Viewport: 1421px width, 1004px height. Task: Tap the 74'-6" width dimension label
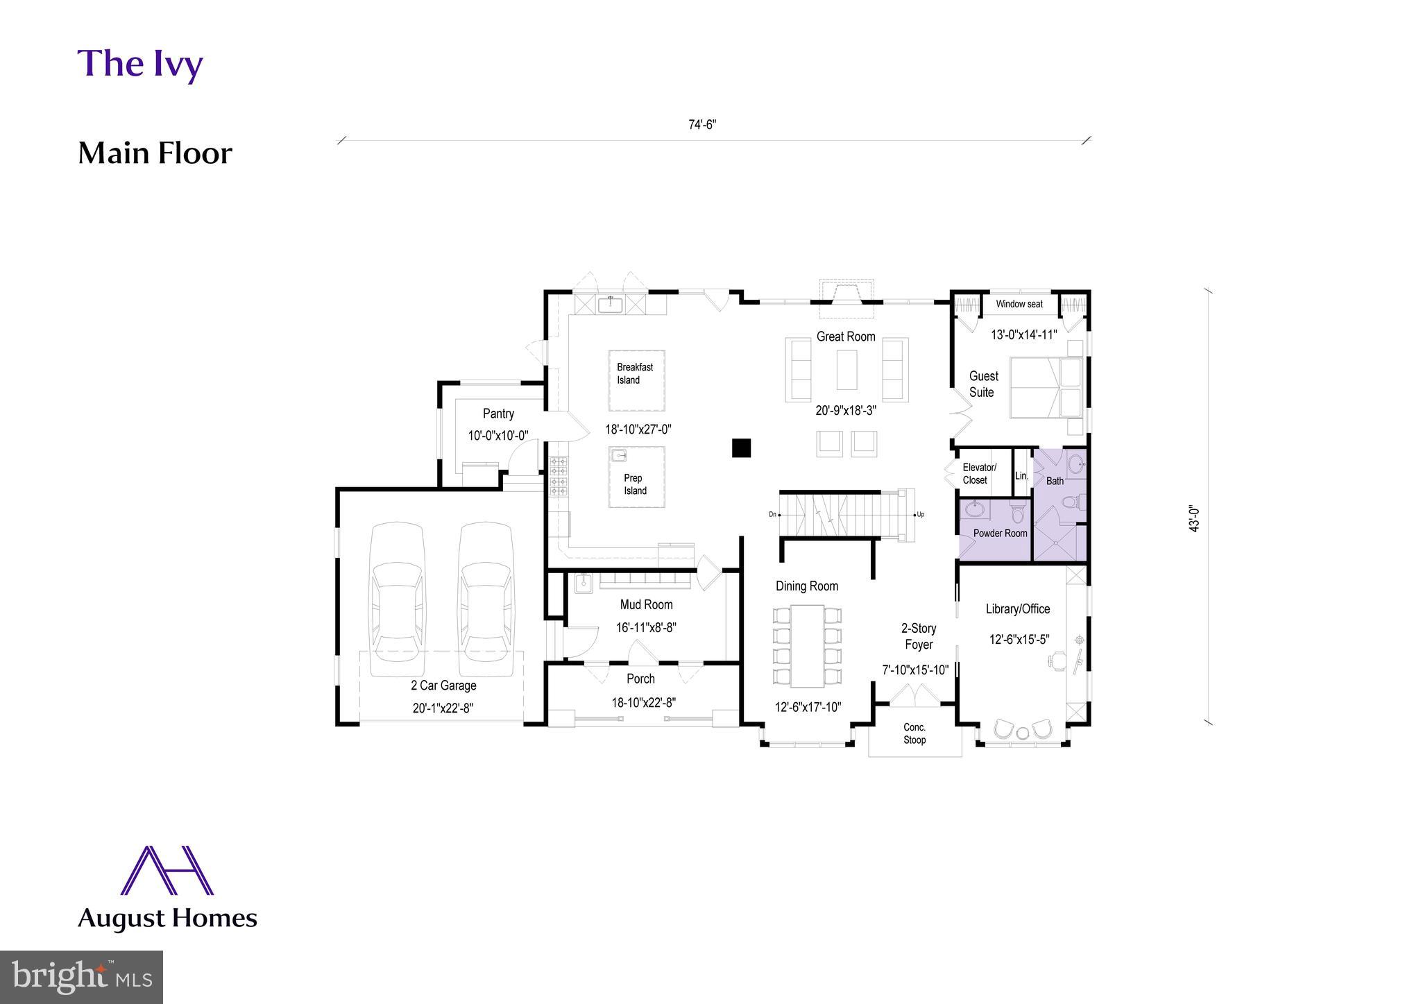click(701, 125)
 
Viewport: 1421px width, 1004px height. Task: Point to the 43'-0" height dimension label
click(1194, 518)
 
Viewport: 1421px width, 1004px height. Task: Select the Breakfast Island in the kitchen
click(636, 380)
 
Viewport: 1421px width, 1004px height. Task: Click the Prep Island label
click(635, 484)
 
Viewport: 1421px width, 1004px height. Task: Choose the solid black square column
click(741, 448)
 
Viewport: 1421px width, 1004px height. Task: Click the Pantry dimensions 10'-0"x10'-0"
click(497, 436)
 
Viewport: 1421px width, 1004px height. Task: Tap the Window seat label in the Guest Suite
click(1019, 304)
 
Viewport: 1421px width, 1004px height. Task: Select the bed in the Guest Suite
click(1044, 387)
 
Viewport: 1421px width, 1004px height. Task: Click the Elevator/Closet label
click(978, 474)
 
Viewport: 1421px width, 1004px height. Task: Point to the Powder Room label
click(1000, 534)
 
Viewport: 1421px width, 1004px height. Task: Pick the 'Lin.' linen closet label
click(1021, 476)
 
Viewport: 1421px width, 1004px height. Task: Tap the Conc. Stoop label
click(914, 733)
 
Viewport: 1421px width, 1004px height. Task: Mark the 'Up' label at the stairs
click(920, 515)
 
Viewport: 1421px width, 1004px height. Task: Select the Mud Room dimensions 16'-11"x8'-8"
click(645, 628)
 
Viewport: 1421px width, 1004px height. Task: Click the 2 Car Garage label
click(443, 686)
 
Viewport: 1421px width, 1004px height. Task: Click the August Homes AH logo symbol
click(167, 870)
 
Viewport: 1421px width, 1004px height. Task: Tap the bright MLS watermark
click(81, 977)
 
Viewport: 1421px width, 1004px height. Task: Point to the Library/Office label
click(1017, 609)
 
